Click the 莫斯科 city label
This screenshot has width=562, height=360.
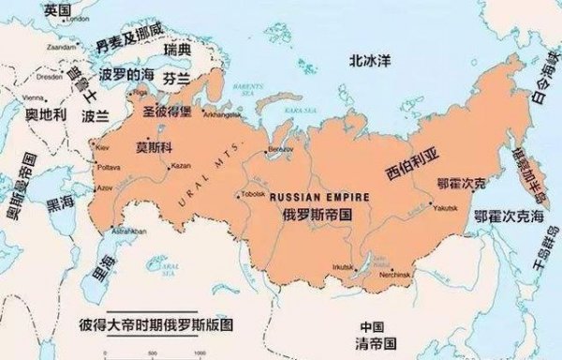(x=155, y=147)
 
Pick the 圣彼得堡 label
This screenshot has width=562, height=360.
(x=167, y=111)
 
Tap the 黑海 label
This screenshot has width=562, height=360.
(x=61, y=202)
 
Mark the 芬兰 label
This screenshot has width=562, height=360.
(x=176, y=78)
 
